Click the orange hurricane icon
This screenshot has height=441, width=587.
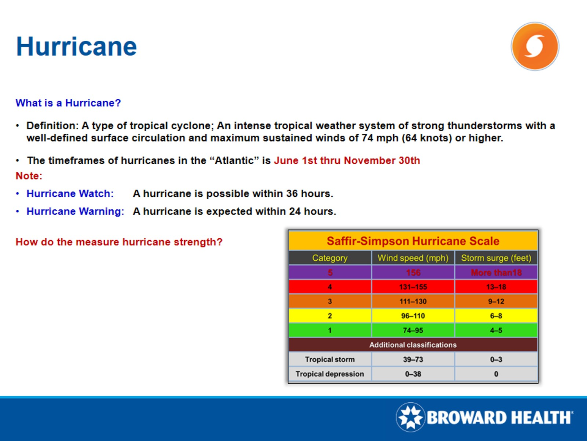pos(535,46)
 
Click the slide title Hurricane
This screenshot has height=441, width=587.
pos(76,46)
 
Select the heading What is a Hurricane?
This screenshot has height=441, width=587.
pos(68,103)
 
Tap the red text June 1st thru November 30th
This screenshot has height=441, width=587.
pos(347,160)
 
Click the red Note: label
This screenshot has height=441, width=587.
pos(29,176)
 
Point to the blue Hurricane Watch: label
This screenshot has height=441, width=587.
pos(70,194)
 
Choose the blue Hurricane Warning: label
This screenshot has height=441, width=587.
pos(75,211)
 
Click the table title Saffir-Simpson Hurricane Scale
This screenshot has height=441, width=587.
pos(413,241)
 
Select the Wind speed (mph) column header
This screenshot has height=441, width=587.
pos(413,258)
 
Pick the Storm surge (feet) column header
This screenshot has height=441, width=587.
pos(496,258)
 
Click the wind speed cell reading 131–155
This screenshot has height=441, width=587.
pos(413,287)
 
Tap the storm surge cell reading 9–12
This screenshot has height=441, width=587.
pos(496,301)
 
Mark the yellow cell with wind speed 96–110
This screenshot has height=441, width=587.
pos(413,316)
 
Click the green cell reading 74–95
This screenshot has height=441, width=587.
pos(413,330)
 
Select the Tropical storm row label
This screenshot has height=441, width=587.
pos(330,359)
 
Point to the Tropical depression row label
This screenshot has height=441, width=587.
pos(330,374)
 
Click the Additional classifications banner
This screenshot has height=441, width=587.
pos(413,345)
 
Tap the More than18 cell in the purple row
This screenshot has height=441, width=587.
pos(496,272)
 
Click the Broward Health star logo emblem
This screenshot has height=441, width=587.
pos(410,417)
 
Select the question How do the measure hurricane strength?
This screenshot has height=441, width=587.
pos(119,242)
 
